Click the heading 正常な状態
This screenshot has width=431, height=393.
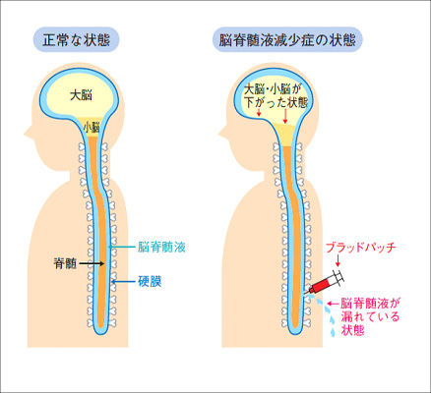point(76,40)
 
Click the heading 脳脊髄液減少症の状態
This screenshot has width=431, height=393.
point(287,40)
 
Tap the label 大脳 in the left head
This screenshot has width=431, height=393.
point(81,95)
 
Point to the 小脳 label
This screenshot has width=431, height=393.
point(92,127)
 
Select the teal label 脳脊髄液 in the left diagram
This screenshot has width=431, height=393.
point(161,247)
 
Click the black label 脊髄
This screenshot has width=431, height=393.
point(65,263)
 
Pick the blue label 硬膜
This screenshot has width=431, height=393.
point(150,281)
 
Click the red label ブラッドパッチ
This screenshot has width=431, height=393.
point(361,248)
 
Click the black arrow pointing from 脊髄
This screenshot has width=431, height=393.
point(92,263)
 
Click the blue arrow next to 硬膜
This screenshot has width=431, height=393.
point(123,281)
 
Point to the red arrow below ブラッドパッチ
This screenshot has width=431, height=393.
point(338,260)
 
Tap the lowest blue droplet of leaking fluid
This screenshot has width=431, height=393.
point(334,332)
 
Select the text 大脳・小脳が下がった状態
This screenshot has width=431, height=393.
point(277,96)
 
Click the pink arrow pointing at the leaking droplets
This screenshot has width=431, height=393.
point(333,304)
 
